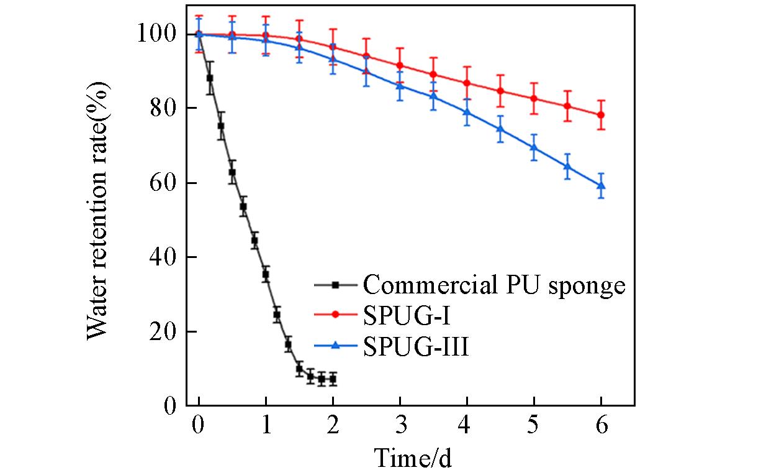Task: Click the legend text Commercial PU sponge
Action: [x=493, y=285]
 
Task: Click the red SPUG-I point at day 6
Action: [x=601, y=115]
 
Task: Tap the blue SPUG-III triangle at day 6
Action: [x=601, y=185]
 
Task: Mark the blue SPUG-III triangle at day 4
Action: [x=467, y=113]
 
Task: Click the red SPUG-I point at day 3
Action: [x=400, y=65]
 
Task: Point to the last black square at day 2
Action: [x=333, y=379]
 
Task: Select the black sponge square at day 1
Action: [x=266, y=274]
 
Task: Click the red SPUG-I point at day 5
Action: [x=534, y=98]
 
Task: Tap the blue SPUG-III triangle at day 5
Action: [x=534, y=147]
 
